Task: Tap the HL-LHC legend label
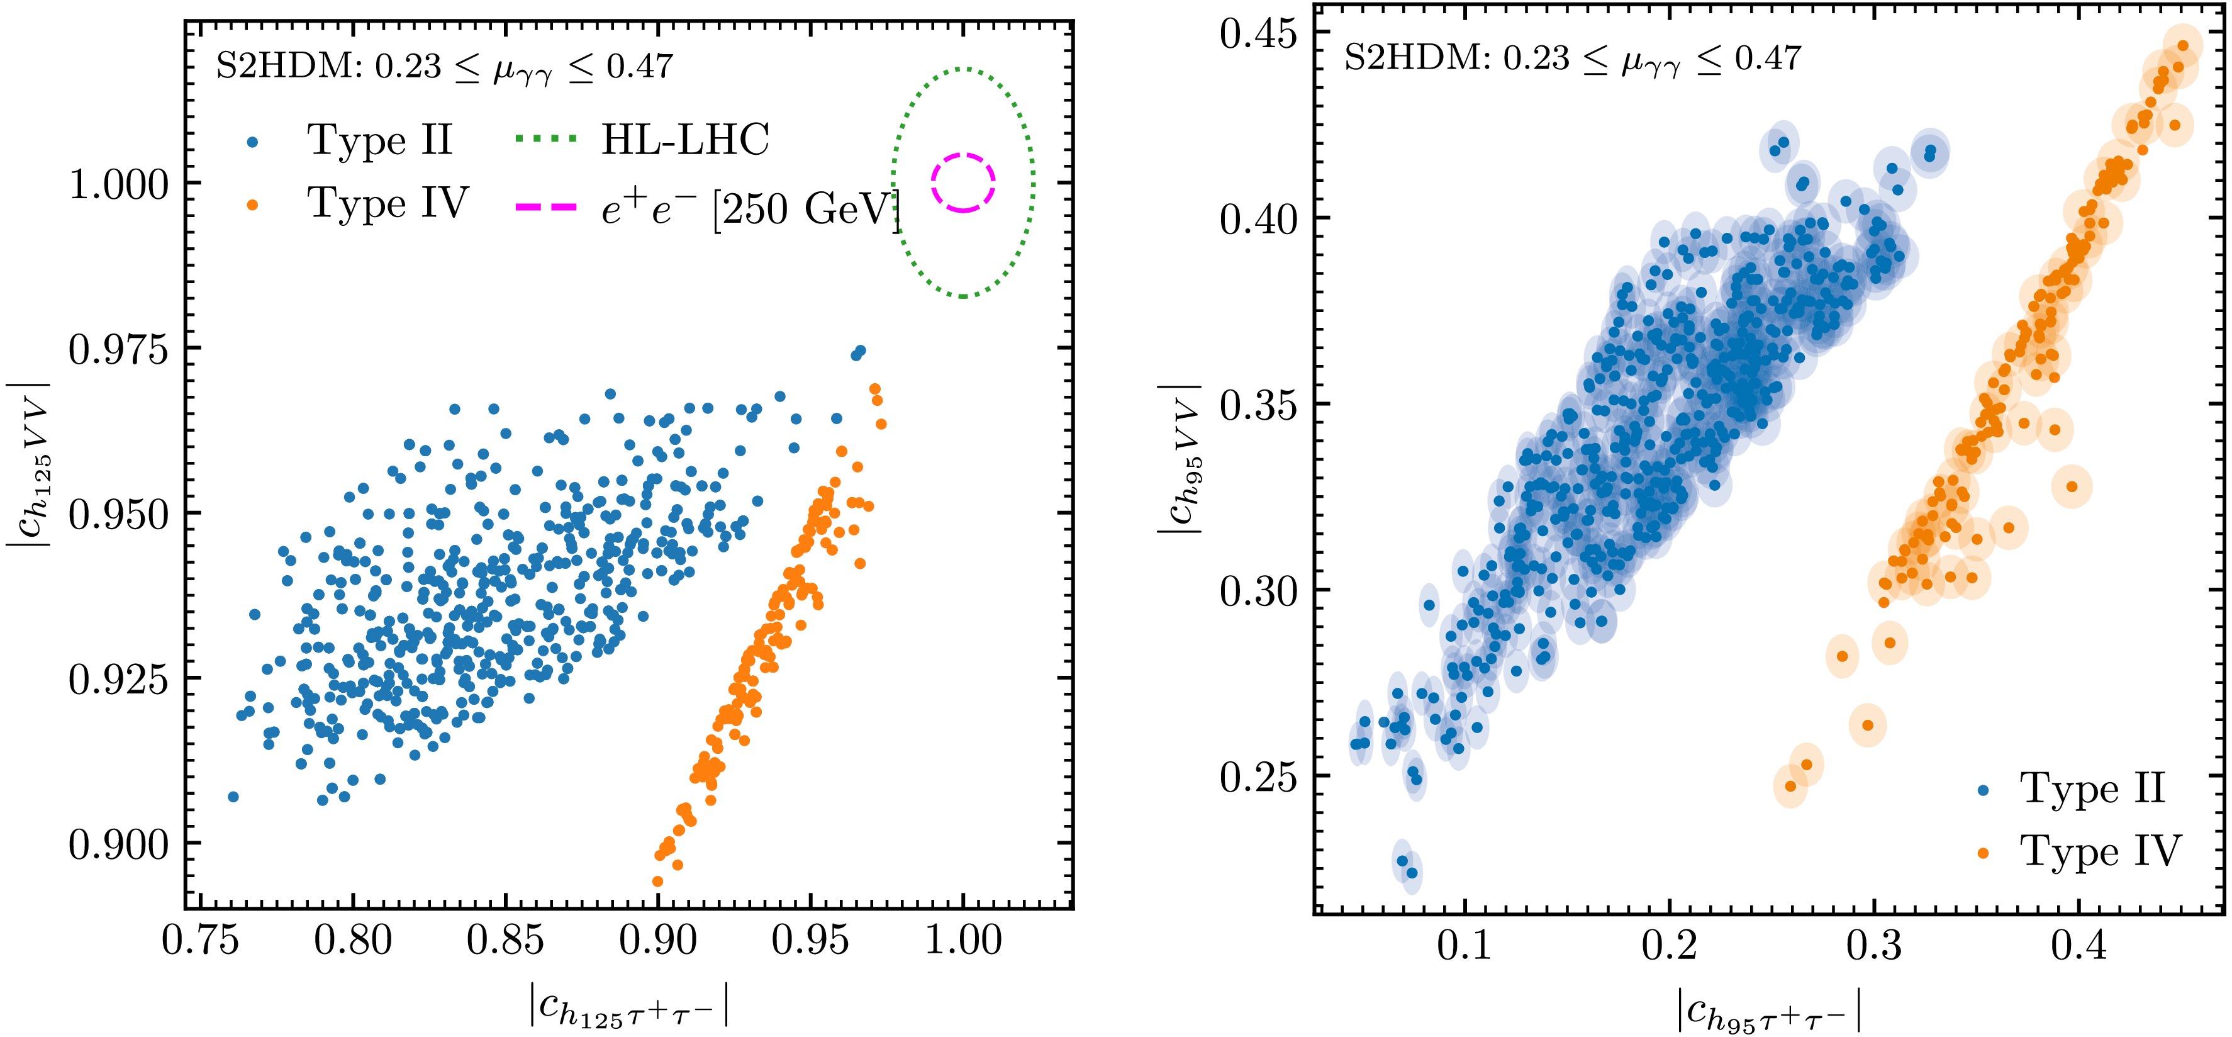[x=684, y=140]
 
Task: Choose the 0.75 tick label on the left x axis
[x=200, y=941]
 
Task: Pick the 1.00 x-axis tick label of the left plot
[x=963, y=941]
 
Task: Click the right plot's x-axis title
[x=1768, y=1010]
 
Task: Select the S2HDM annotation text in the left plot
[x=444, y=67]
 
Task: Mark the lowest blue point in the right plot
[x=1412, y=872]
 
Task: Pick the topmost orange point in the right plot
[x=2182, y=47]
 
